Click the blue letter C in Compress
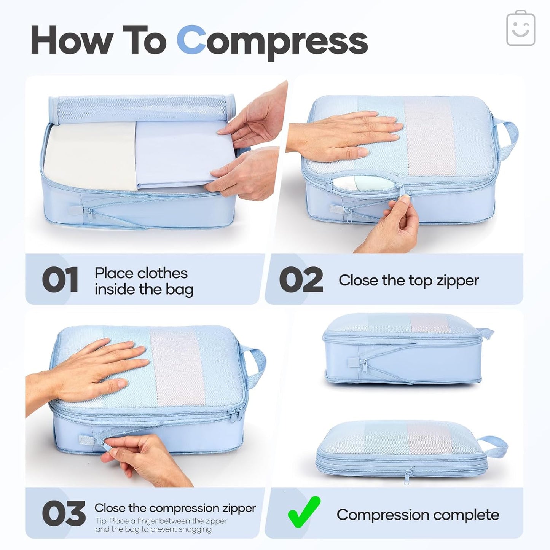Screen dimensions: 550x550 coord(191,40)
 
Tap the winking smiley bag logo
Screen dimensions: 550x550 coord(521,29)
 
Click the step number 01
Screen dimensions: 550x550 coord(60,280)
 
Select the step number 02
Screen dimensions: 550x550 coord(301,280)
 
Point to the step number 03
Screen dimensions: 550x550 coord(63,513)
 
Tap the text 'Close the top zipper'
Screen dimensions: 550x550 coord(408,281)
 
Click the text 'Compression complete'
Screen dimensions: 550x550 coord(418,515)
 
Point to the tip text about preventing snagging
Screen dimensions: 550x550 coord(161,525)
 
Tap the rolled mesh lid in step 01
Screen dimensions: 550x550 coord(141,108)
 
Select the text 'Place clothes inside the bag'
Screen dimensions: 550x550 coord(143,281)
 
